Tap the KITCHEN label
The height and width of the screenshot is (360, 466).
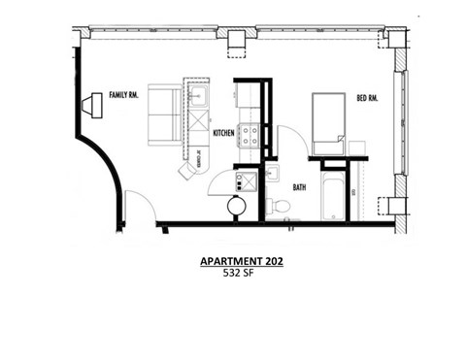click(x=223, y=133)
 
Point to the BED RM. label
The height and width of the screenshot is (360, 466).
click(x=367, y=98)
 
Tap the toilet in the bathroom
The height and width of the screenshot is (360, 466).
click(x=279, y=205)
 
